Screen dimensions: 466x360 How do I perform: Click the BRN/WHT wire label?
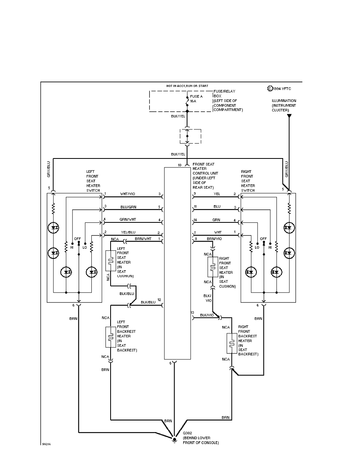(143, 238)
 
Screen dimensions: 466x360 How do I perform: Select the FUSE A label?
(196, 96)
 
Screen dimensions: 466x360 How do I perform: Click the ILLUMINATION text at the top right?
(284, 101)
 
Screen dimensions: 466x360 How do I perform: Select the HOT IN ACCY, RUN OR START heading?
(187, 86)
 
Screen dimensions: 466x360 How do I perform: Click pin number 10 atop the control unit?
(179, 166)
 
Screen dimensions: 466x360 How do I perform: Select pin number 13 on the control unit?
(192, 313)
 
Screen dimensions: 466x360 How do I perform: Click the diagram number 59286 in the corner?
(47, 445)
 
